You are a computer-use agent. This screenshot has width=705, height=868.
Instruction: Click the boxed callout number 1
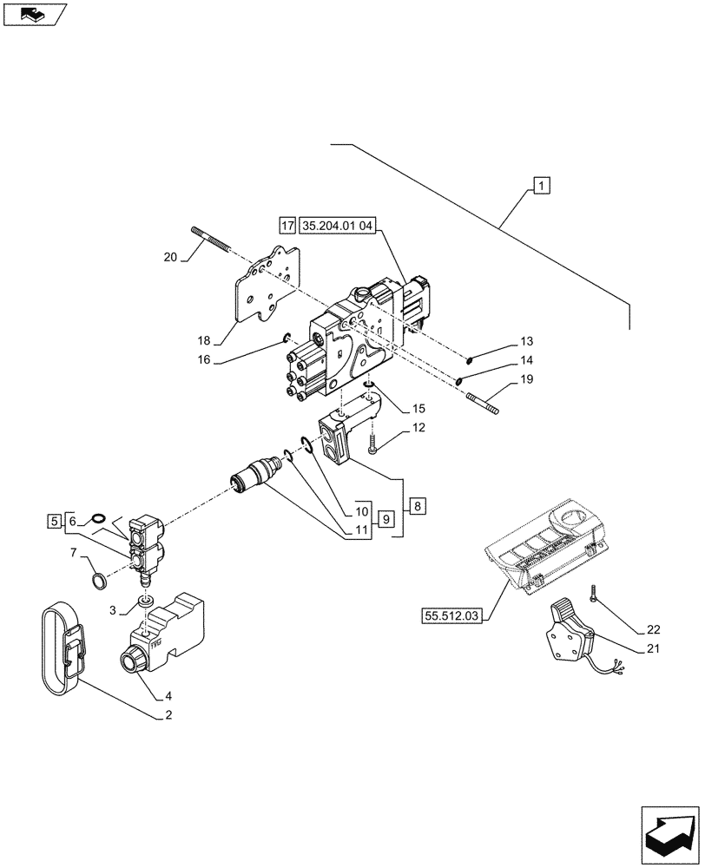point(541,185)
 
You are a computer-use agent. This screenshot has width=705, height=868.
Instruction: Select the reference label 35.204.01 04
point(339,227)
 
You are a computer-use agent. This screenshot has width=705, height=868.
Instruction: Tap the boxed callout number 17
point(288,227)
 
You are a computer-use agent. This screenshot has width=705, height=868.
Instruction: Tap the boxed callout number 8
point(418,505)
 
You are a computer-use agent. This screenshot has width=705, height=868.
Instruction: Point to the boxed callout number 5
point(55,521)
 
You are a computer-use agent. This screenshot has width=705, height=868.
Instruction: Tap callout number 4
point(168,694)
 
